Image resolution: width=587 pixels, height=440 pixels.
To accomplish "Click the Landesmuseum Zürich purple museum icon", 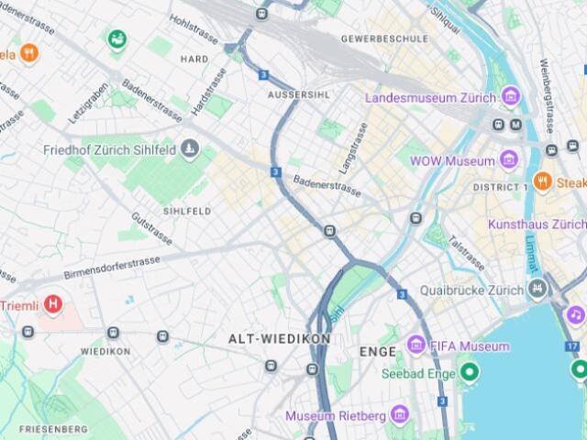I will click(x=511, y=96).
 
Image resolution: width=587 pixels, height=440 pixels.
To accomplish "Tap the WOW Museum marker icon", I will click(x=511, y=160).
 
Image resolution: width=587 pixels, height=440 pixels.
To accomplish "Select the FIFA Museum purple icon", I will click(x=416, y=346).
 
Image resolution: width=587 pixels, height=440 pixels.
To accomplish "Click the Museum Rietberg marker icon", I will click(x=399, y=415).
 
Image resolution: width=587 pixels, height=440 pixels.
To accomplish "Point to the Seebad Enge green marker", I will click(x=470, y=371).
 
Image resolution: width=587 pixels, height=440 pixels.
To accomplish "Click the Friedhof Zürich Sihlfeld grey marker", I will click(x=190, y=148).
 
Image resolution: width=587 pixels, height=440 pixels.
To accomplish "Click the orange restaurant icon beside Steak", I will click(x=542, y=182).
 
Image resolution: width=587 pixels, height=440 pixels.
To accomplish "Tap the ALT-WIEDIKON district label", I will click(x=279, y=338).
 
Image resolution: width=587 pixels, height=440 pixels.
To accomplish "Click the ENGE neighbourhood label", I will click(x=378, y=351).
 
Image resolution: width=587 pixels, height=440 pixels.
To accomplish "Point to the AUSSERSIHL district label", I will click(x=297, y=95).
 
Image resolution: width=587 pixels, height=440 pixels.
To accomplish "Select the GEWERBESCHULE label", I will click(x=384, y=39).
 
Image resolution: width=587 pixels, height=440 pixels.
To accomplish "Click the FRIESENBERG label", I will click(x=53, y=429).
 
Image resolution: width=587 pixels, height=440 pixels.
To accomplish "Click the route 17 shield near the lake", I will click(x=572, y=346).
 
